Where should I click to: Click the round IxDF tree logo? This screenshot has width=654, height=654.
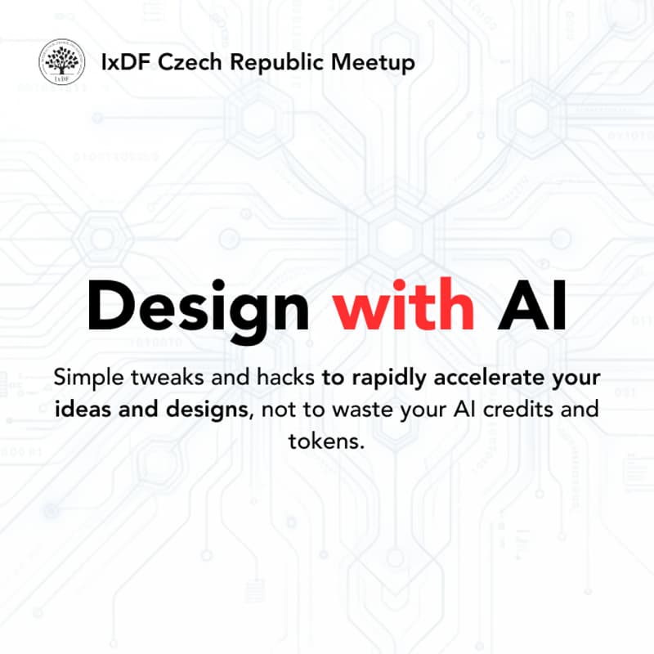click(62, 62)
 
